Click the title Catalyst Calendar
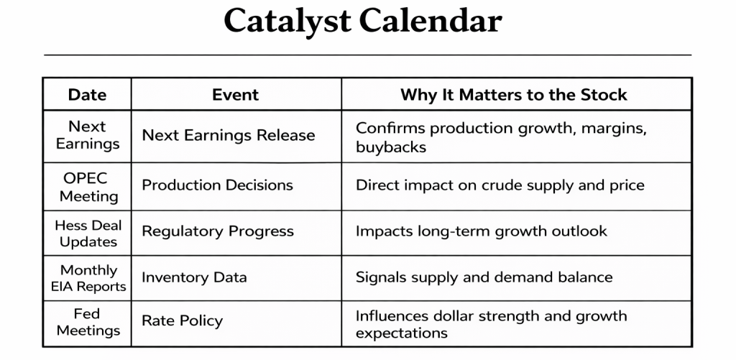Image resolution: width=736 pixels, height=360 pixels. [363, 22]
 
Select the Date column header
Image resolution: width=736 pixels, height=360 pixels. [87, 95]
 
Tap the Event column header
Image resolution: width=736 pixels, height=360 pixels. [235, 95]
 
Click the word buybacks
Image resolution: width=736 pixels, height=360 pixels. [391, 147]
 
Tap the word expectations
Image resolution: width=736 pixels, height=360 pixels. [401, 333]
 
